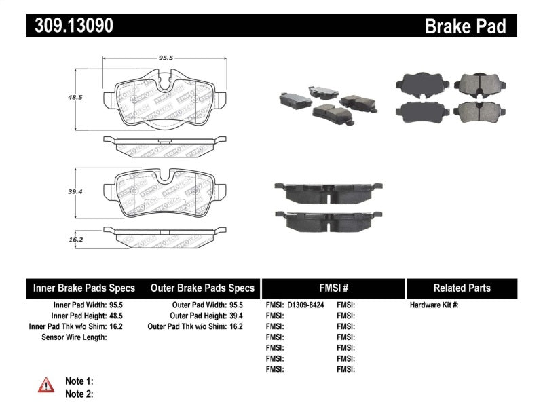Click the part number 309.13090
69,26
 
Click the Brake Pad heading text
465,26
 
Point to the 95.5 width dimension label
158,58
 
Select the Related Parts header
462,288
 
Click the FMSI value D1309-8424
305,305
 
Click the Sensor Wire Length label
73,337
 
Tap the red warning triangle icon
45,385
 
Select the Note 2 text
79,394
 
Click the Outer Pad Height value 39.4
235,316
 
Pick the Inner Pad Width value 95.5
117,305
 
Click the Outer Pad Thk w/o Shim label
186,326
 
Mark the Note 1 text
79,381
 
